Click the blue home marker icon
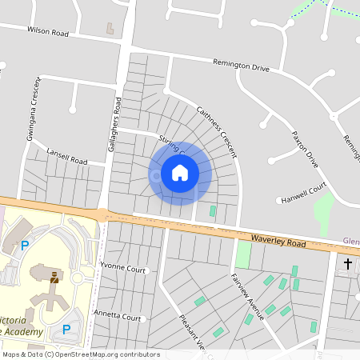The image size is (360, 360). pyautogui.click(x=180, y=173)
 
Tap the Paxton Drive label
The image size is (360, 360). pyautogui.click(x=306, y=147)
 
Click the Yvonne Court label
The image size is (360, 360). pyautogui.click(x=124, y=270)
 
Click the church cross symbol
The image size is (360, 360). pyautogui.click(x=348, y=262)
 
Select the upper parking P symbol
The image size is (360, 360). pyautogui.click(x=24, y=245)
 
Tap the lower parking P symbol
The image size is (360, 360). pyautogui.click(x=66, y=329)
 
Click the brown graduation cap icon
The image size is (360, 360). pyautogui.click(x=54, y=277)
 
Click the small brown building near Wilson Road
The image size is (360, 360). pyautogui.click(x=110, y=28)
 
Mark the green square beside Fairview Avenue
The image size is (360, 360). pyautogui.click(x=243, y=255)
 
